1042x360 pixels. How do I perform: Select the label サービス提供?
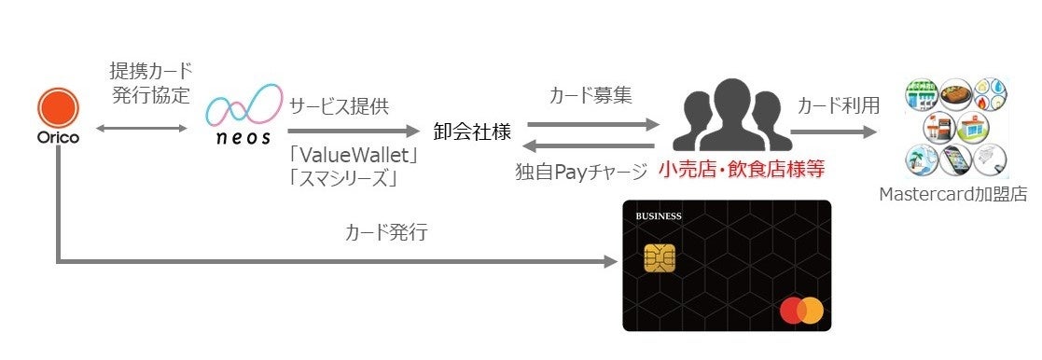pos(337,106)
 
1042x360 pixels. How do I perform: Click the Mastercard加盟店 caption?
pos(957,195)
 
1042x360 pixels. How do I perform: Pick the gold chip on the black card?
pos(659,258)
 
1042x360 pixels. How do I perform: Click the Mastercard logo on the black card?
pos(802,311)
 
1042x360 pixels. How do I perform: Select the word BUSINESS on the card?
pos(659,217)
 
